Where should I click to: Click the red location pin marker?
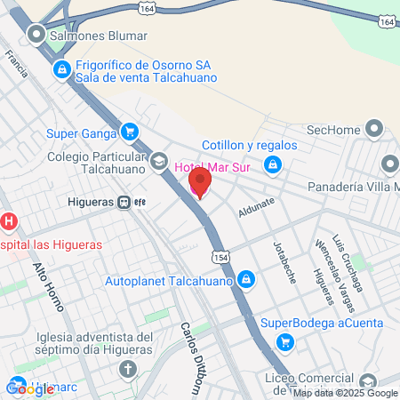click(x=200, y=184)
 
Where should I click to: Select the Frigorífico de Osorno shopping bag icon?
click(x=60, y=68)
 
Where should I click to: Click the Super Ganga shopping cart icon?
click(x=131, y=133)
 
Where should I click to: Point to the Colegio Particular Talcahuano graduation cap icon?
click(x=158, y=160)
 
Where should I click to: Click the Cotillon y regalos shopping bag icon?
click(x=275, y=164)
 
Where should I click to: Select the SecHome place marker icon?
click(x=369, y=130)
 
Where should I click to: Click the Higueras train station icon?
click(x=126, y=202)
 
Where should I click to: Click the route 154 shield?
click(x=220, y=256)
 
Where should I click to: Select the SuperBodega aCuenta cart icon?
click(x=284, y=340)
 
